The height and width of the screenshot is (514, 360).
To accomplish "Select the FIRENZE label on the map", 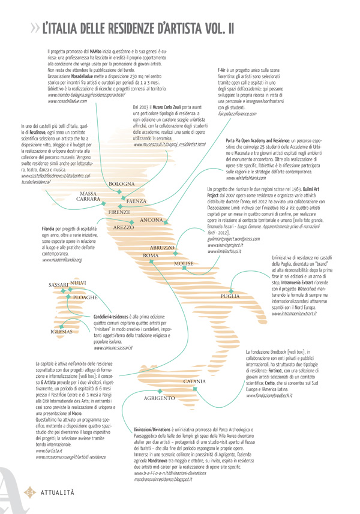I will tap(118, 212).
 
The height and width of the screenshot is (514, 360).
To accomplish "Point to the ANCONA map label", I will tap(152, 221).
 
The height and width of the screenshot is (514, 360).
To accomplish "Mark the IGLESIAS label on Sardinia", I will tap(61, 331).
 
